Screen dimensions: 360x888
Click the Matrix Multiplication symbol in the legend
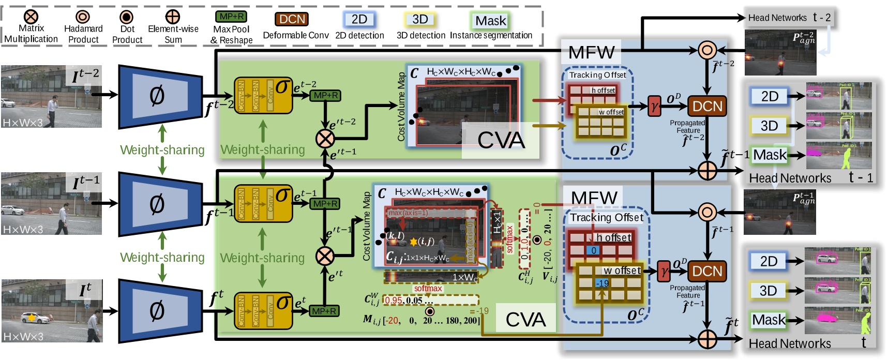tap(31, 17)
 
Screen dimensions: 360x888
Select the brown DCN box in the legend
tap(292, 19)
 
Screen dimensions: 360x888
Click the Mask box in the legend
tap(491, 21)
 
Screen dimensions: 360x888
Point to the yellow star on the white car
tap(32, 318)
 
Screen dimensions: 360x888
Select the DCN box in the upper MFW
tap(707, 106)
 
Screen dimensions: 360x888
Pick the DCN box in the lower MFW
tap(707, 271)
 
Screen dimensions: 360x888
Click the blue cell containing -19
tap(602, 283)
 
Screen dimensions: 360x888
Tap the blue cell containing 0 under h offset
tap(594, 250)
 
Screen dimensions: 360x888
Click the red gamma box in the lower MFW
tap(664, 271)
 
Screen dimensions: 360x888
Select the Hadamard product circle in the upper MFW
tap(707, 50)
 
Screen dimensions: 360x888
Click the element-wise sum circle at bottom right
tap(707, 339)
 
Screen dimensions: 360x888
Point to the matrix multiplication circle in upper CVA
tap(325, 138)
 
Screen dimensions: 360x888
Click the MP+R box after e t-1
tap(325, 204)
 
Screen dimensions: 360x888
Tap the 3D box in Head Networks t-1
tap(769, 126)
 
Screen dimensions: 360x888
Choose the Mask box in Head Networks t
tap(769, 320)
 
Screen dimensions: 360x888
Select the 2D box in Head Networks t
tap(769, 261)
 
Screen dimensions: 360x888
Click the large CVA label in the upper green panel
tap(501, 140)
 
